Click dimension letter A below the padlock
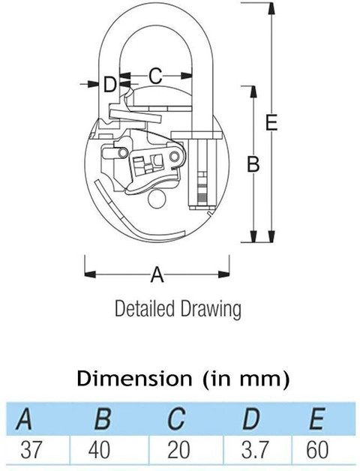157,275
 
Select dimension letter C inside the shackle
155,76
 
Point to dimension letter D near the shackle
110,84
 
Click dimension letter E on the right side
271,122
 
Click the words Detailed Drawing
177,308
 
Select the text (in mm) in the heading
243,378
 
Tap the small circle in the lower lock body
158,198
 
